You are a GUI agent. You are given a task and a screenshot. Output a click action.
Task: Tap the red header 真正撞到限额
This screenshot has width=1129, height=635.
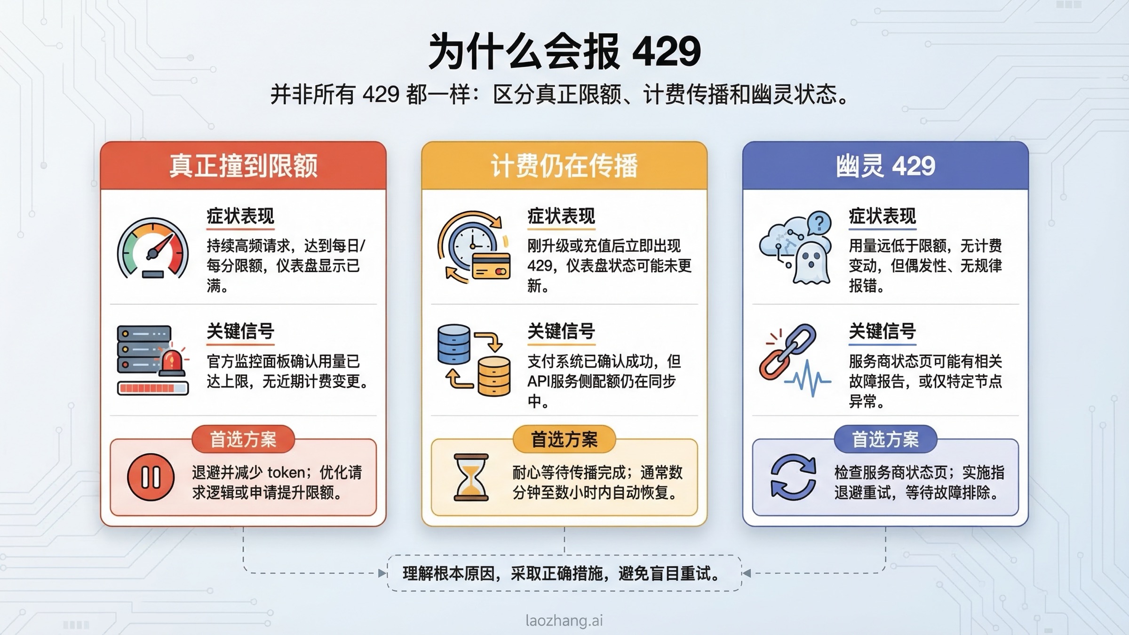click(243, 166)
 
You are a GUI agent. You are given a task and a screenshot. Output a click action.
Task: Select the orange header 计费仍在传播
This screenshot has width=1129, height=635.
click(564, 166)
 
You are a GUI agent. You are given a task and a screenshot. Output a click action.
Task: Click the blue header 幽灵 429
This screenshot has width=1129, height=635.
click(885, 166)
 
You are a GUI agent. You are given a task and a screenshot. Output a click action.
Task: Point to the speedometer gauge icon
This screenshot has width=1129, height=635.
click(153, 248)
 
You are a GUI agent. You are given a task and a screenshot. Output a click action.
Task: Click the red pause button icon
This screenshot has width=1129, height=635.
click(151, 477)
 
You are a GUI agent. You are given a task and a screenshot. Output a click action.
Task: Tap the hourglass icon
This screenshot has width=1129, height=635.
click(471, 477)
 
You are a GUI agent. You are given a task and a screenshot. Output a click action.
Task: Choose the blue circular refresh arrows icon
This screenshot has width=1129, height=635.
click(793, 477)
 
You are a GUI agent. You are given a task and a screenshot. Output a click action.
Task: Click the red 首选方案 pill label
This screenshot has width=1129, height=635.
click(243, 439)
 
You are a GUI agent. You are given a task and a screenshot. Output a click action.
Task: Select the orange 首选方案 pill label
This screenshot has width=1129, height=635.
click(564, 439)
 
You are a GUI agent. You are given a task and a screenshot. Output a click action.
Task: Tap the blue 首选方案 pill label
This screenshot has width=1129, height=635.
click(885, 439)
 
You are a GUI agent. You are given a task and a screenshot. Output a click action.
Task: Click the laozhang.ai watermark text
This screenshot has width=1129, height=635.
click(564, 621)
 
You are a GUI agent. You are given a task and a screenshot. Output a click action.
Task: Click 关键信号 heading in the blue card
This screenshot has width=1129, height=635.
click(883, 331)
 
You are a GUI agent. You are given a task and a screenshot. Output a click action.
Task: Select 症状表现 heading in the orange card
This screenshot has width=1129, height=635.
click(561, 216)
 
